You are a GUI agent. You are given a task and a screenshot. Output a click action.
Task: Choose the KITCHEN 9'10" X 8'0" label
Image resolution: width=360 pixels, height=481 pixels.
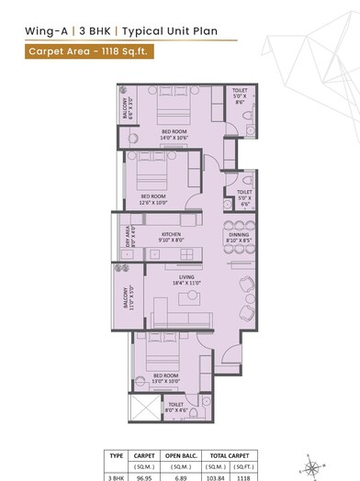tap(171, 238)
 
